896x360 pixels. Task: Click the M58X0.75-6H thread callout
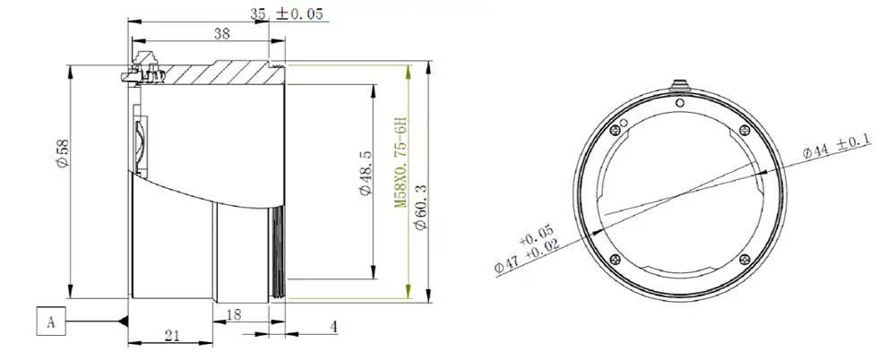pos(401,162)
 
